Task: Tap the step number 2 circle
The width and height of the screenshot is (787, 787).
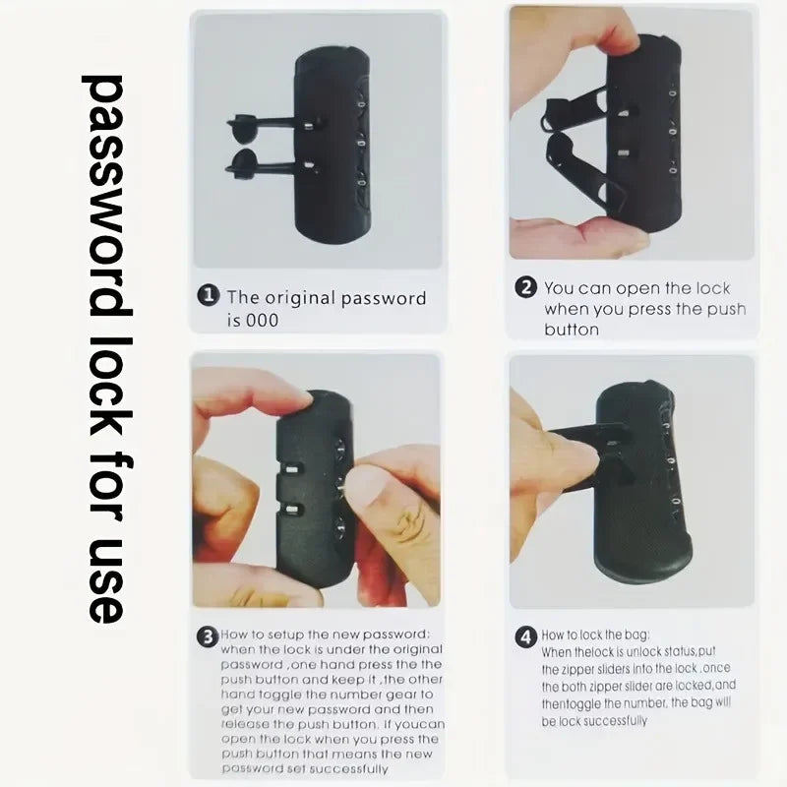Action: click(527, 288)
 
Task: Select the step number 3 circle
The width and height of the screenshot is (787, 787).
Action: click(207, 636)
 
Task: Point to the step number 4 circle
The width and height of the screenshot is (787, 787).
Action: click(526, 636)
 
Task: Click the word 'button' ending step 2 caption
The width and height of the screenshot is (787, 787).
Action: click(572, 330)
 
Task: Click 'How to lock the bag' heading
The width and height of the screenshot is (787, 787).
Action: click(595, 636)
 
